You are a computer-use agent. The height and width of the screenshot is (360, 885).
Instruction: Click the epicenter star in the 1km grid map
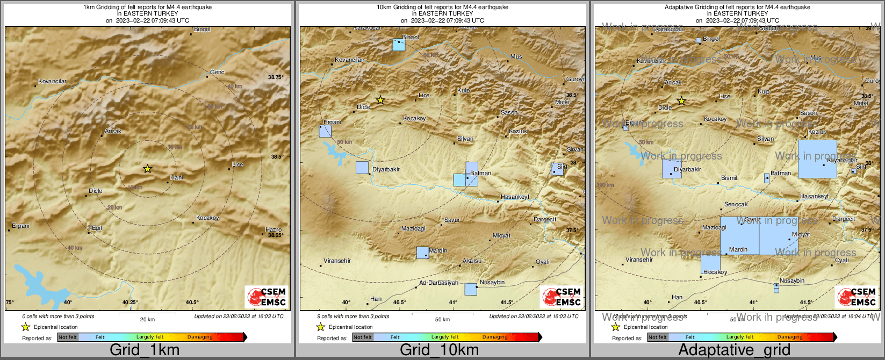147,169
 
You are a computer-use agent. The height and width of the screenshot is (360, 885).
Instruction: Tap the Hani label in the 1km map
176,177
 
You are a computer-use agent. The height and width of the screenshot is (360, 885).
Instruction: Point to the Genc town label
217,72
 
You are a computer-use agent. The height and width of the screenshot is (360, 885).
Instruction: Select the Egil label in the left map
97,228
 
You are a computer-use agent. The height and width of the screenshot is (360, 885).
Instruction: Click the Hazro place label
274,229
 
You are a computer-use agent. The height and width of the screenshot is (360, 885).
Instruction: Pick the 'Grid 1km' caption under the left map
145,350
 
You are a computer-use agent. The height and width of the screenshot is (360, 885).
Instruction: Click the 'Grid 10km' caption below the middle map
439,350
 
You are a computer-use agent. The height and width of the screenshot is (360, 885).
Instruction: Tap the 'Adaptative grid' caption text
734,350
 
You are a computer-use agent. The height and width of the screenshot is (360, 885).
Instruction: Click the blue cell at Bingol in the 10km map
399,45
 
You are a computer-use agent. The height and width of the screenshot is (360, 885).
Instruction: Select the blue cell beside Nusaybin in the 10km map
471,289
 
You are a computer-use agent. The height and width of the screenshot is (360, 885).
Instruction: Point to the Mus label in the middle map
516,56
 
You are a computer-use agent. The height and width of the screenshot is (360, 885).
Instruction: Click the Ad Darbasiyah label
438,283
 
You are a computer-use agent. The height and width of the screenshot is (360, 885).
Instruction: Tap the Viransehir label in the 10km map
337,261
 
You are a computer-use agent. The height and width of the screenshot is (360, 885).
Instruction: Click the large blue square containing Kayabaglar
817,159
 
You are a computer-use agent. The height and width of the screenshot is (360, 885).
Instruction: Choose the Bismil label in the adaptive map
729,178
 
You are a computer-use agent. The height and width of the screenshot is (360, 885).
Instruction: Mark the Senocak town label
736,204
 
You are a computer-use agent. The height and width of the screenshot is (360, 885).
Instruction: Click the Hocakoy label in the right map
715,272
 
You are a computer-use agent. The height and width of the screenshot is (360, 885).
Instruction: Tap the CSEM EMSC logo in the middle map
562,297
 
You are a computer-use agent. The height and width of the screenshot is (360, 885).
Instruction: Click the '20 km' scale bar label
147,319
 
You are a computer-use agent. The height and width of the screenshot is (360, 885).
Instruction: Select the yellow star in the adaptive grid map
681,100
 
